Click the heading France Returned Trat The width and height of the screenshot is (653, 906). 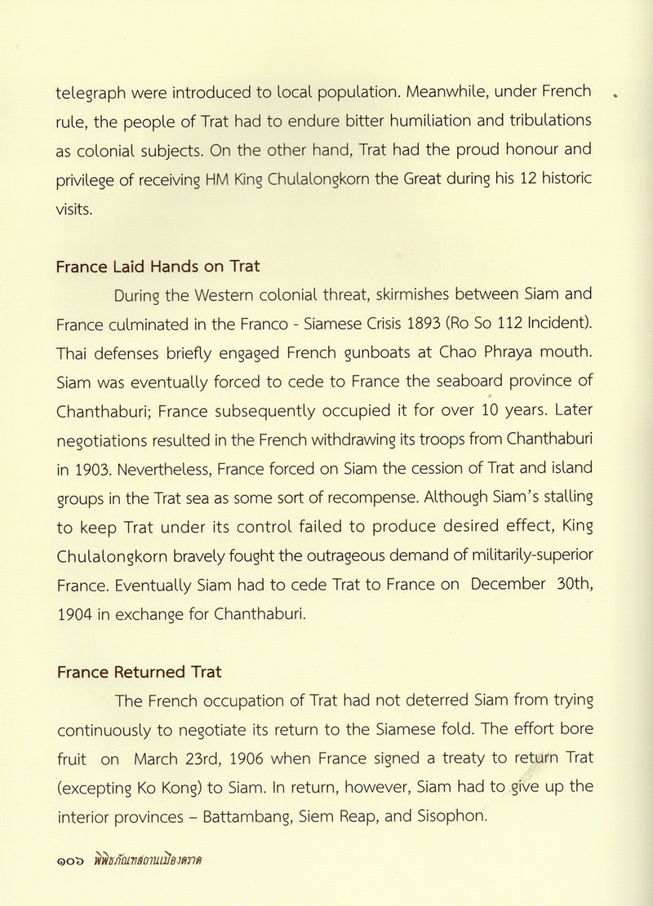pyautogui.click(x=139, y=673)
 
